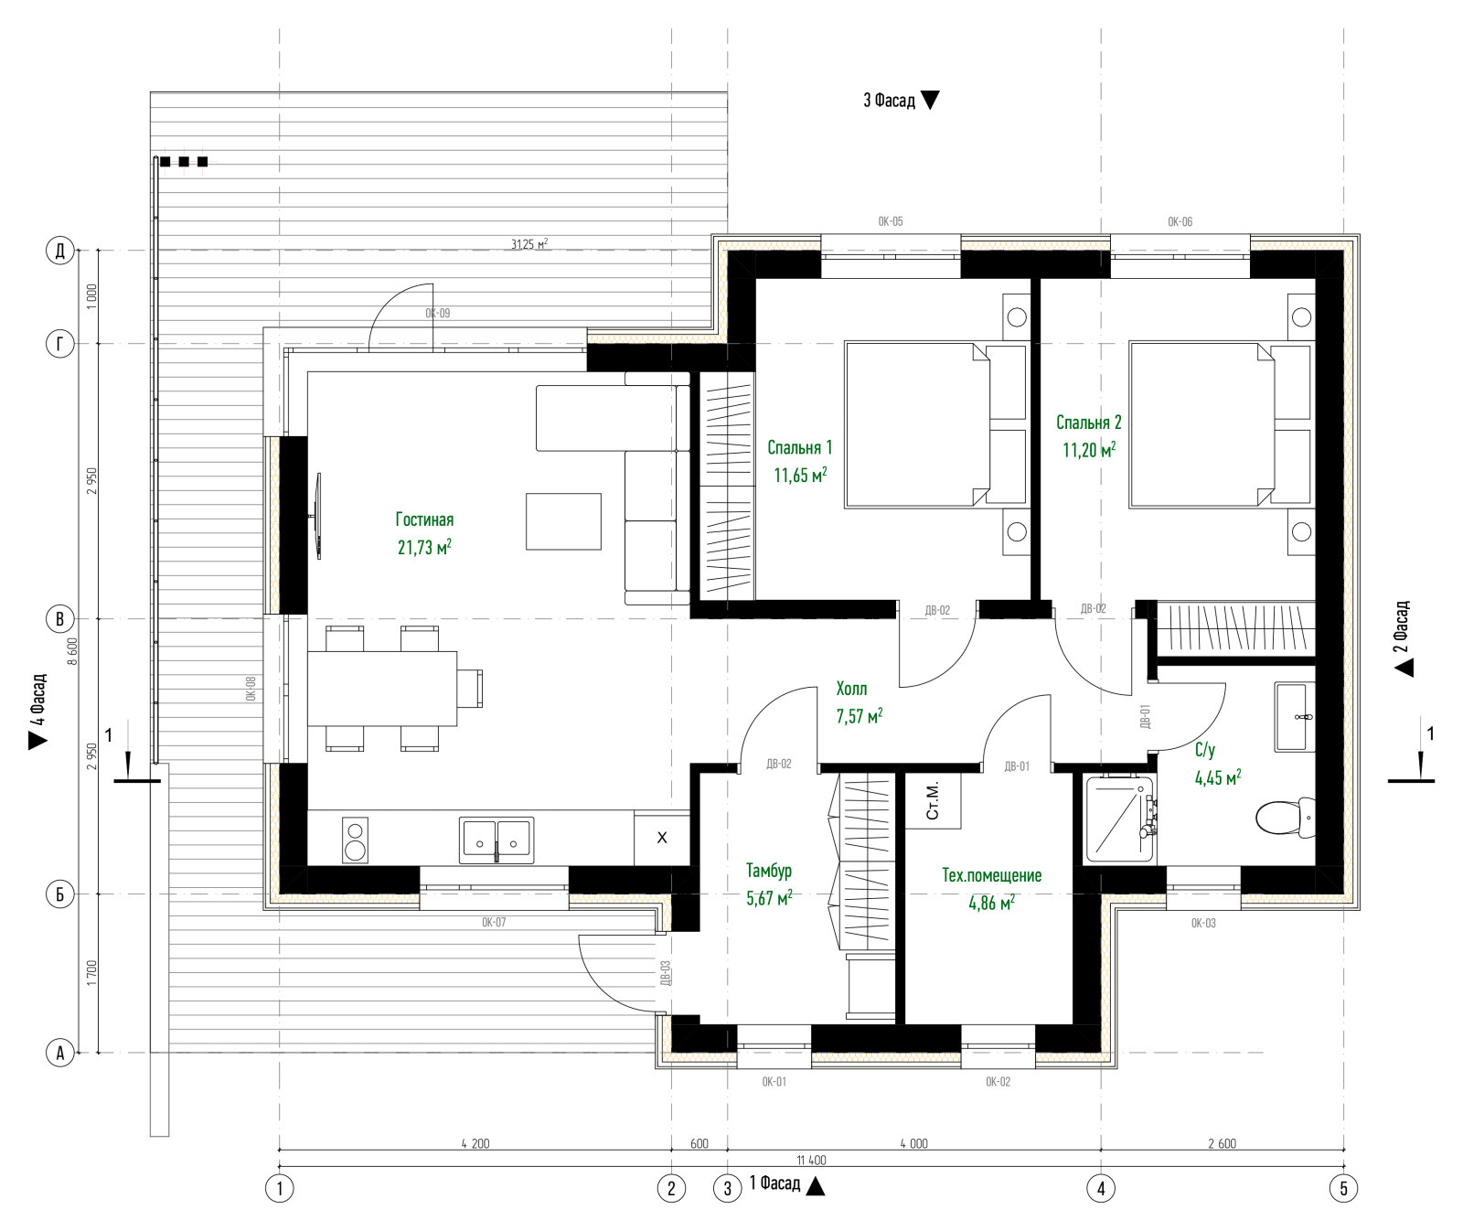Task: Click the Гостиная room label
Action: tap(424, 519)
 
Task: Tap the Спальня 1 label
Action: tap(800, 447)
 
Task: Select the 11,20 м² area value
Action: tap(1089, 449)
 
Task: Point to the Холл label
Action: tap(851, 689)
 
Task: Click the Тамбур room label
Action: tap(768, 871)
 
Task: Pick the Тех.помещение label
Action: tap(992, 875)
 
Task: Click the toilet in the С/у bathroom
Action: tap(1286, 816)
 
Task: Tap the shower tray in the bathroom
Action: tap(1119, 819)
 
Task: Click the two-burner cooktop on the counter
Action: tap(355, 840)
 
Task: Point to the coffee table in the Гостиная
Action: tap(563, 521)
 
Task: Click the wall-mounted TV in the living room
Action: tap(318, 515)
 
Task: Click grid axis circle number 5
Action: tap(1343, 1188)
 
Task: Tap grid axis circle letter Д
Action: tap(60, 251)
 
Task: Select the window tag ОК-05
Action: tap(891, 221)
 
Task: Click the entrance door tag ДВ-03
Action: tap(665, 972)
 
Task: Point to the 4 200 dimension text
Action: tap(475, 1143)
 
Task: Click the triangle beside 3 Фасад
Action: tap(930, 101)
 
